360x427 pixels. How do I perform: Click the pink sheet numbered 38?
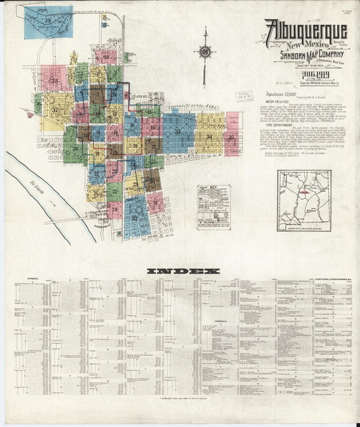(53, 79)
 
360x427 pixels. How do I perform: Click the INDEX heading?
(180, 272)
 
